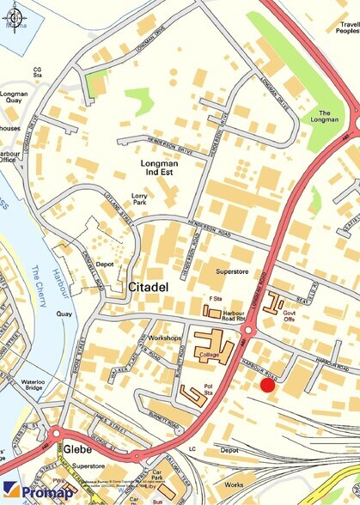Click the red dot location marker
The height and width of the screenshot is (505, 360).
click(x=267, y=386)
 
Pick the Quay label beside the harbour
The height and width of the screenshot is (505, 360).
click(x=64, y=314)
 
